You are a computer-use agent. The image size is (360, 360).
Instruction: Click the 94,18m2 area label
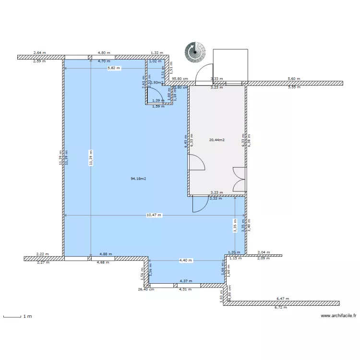(x=138, y=179)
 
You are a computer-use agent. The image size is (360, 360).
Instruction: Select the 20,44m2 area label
(x=217, y=140)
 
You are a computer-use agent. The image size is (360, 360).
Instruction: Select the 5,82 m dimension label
(x=114, y=68)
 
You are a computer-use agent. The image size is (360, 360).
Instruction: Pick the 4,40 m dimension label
(x=185, y=261)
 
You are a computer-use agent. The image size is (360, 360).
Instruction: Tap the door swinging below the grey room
(x=199, y=204)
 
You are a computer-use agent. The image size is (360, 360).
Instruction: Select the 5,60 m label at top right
(x=293, y=79)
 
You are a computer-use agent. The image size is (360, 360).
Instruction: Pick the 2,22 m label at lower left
(x=43, y=254)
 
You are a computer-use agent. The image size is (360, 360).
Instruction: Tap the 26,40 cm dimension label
(x=145, y=289)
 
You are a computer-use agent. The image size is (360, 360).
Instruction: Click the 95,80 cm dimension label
(x=180, y=79)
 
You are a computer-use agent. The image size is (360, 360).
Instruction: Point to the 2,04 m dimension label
(x=264, y=252)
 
